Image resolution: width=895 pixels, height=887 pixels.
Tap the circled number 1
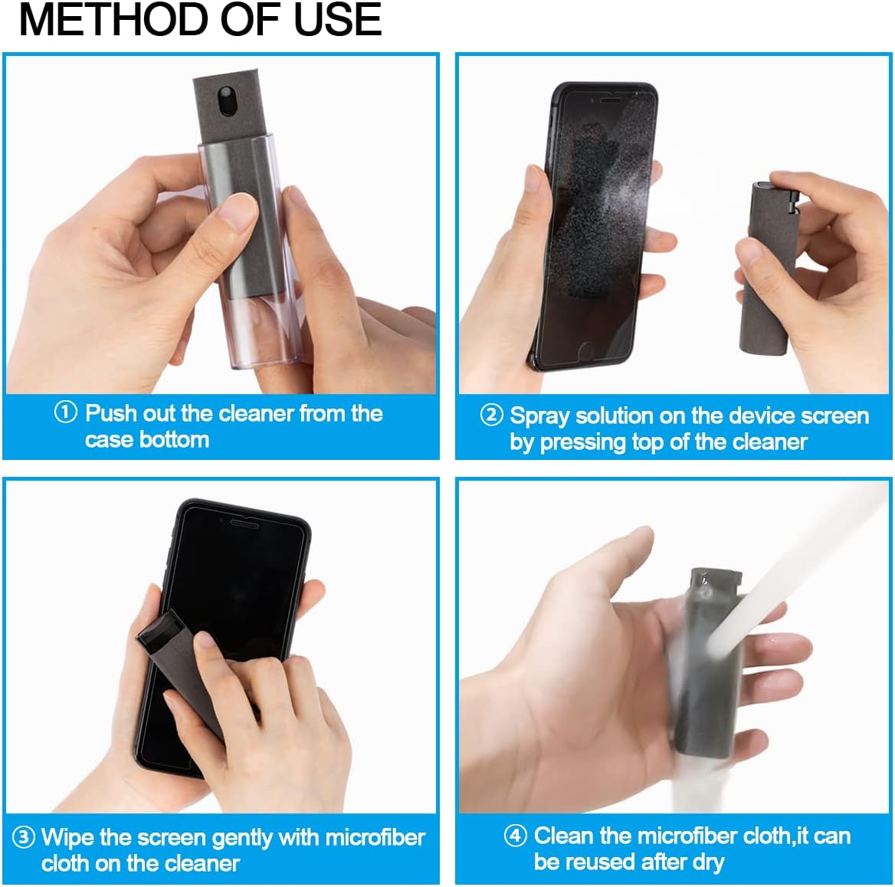(66, 412)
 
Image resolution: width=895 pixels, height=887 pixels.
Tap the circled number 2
(491, 415)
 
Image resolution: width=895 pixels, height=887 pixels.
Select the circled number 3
(24, 836)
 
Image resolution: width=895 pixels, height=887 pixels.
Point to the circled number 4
(515, 835)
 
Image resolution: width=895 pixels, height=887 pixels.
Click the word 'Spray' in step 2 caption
(540, 416)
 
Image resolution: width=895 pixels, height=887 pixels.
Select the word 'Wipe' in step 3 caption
(67, 836)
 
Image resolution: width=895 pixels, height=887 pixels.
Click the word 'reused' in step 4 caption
(603, 862)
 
